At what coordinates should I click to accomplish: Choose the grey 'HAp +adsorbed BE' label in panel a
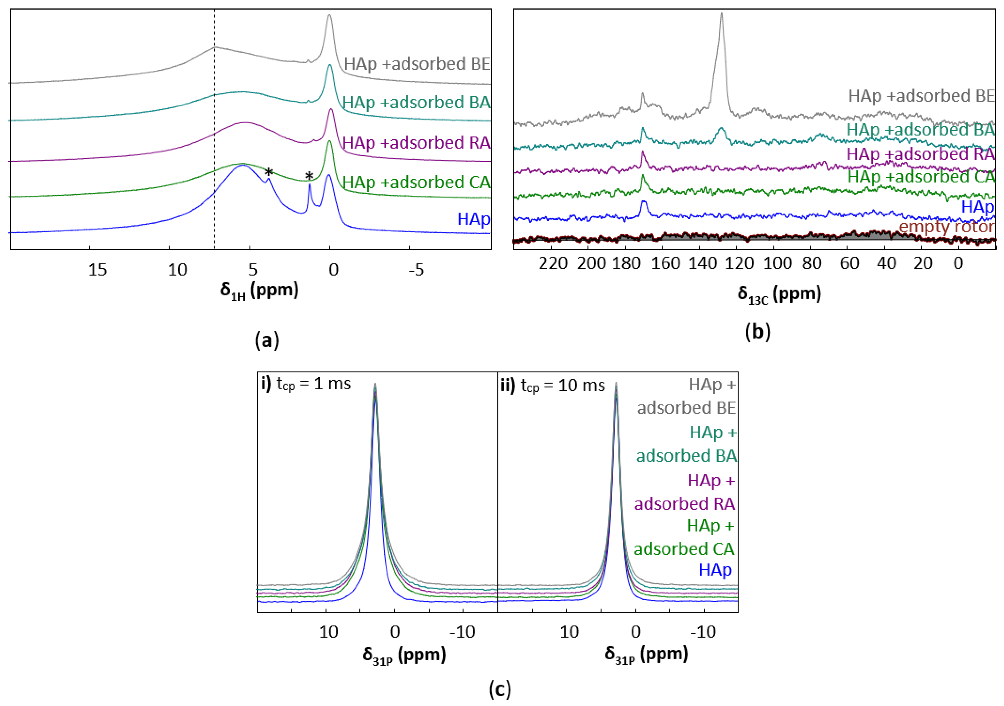(x=417, y=64)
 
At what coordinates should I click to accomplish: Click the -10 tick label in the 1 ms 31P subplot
(x=463, y=632)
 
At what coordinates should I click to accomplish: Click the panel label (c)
(x=499, y=689)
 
